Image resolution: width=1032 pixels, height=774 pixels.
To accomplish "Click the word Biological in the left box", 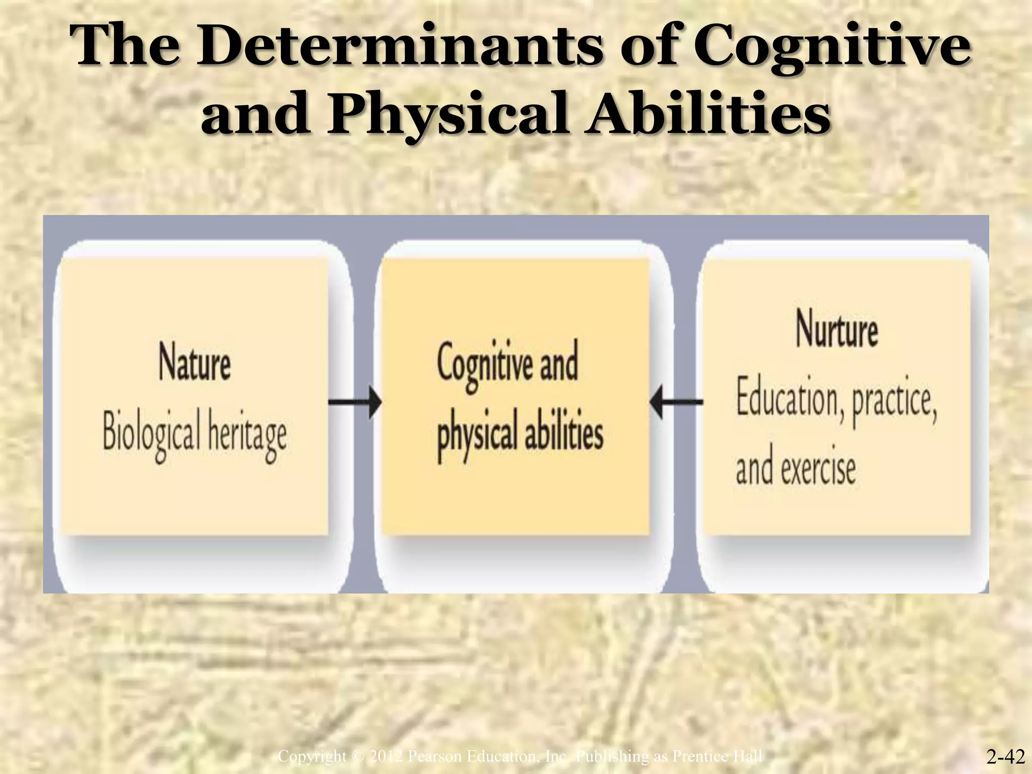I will click(x=152, y=434).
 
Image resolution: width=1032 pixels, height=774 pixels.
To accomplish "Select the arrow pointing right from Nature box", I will click(x=355, y=402).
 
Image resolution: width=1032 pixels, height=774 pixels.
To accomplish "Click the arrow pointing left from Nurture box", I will click(x=675, y=402).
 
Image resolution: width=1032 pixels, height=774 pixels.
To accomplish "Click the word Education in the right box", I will click(x=789, y=401).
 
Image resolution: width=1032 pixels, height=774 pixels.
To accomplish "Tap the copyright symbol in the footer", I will click(x=357, y=756).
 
